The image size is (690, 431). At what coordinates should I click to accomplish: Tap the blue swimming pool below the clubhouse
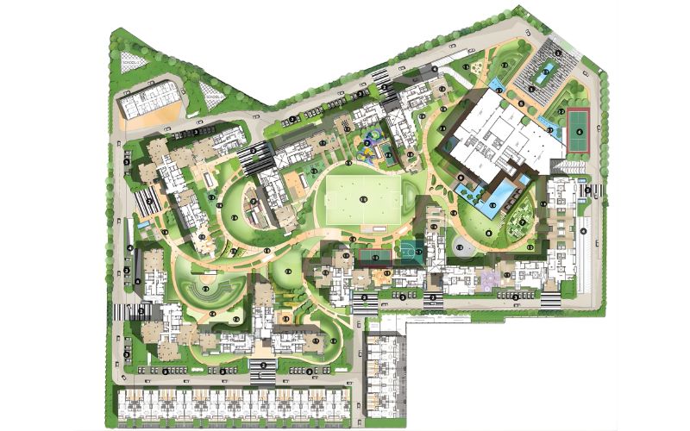[x=487, y=190]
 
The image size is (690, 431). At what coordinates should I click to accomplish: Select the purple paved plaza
[x=489, y=278]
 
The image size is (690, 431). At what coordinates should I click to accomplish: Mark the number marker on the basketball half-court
[x=418, y=252]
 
